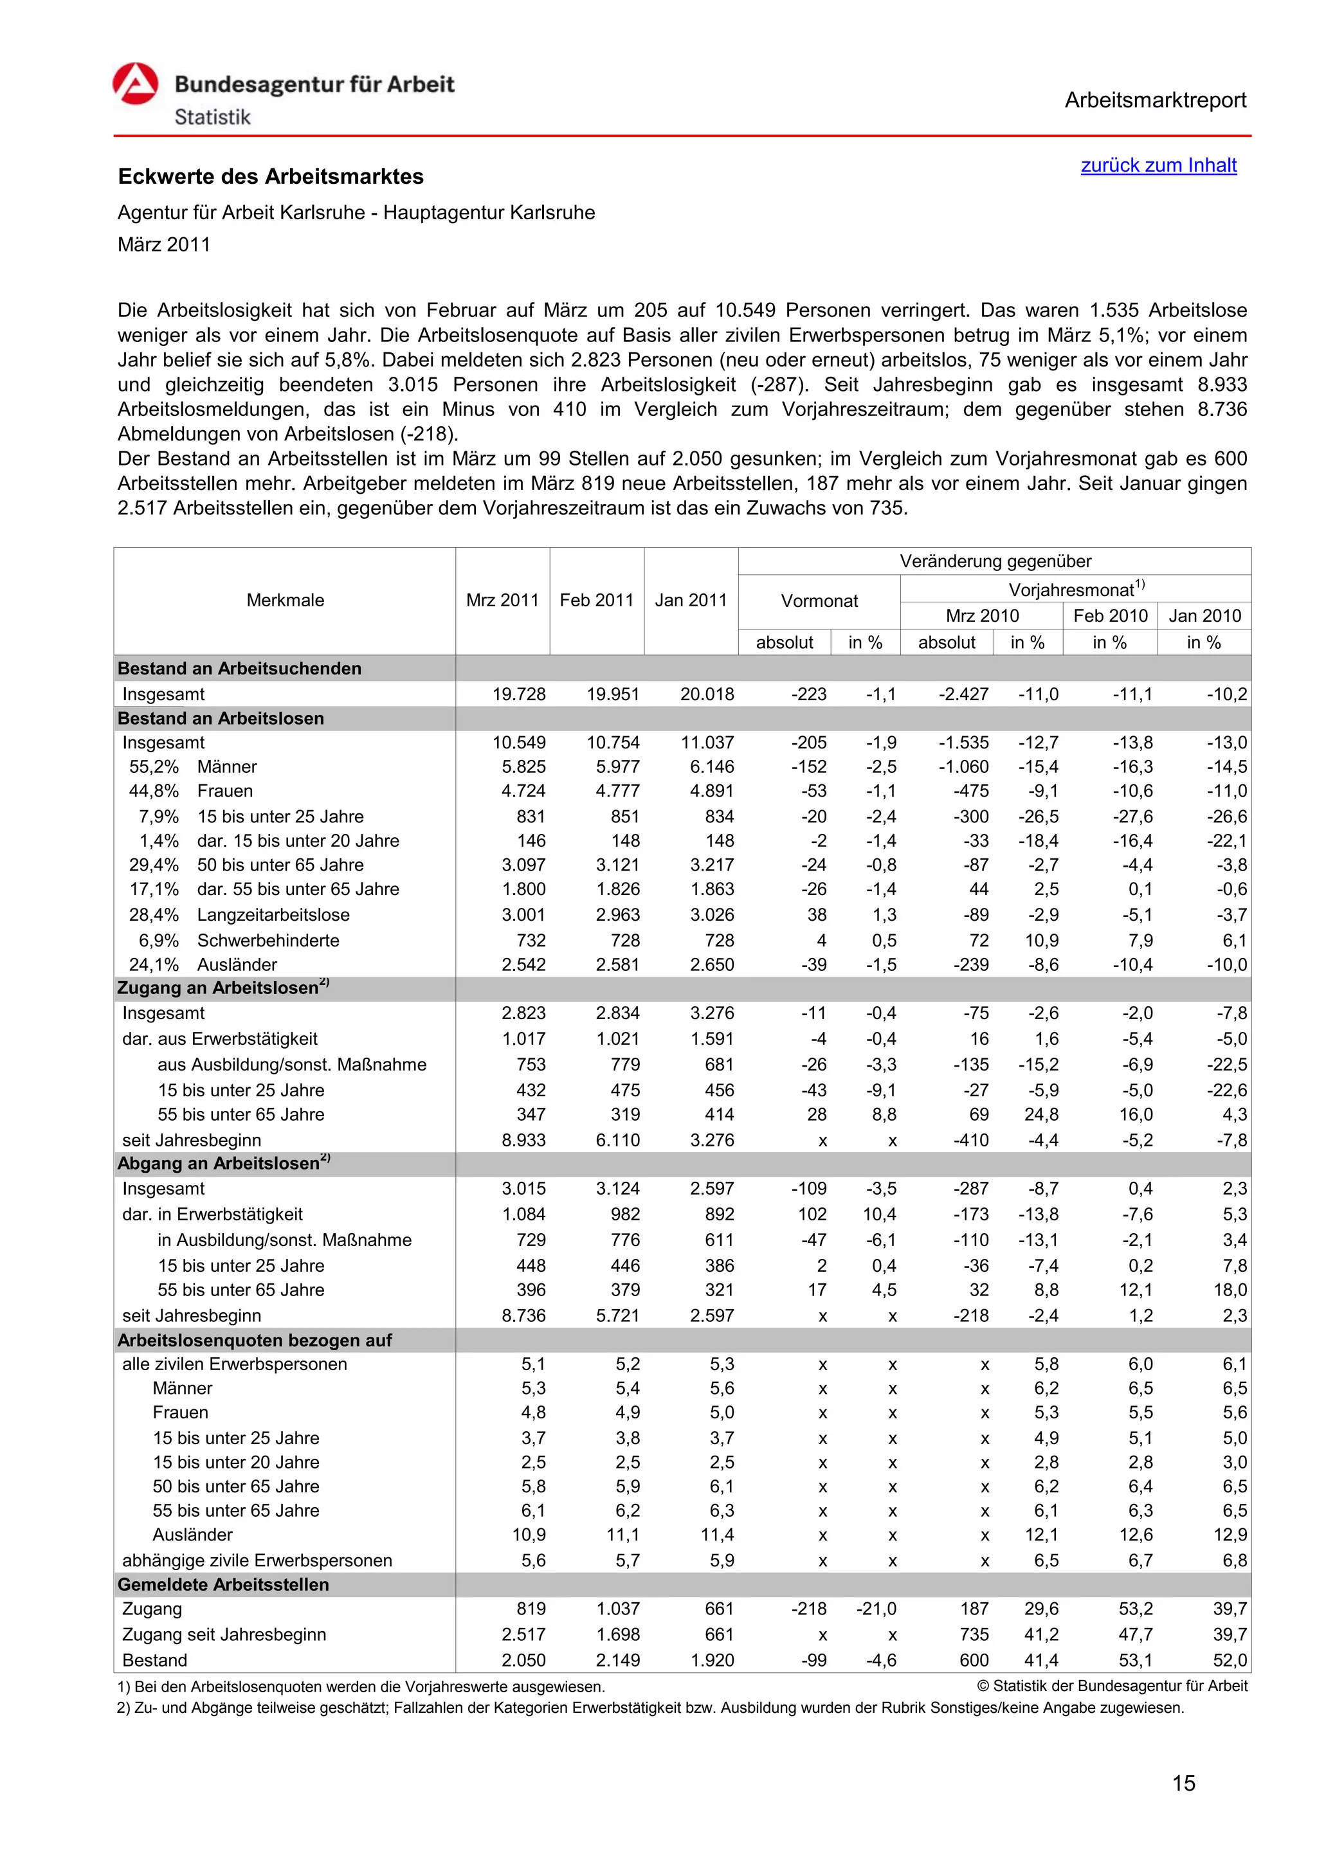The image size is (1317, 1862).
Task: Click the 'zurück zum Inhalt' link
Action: (x=1158, y=165)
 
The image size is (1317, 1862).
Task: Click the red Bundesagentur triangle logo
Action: (x=136, y=85)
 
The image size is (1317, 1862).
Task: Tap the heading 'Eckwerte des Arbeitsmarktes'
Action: (x=271, y=177)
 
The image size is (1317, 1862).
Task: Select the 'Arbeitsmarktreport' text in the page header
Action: (x=1155, y=100)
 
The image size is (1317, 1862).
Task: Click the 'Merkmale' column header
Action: (x=285, y=600)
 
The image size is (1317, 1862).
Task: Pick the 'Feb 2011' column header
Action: (x=596, y=600)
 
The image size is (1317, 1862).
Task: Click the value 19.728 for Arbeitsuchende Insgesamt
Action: (x=519, y=694)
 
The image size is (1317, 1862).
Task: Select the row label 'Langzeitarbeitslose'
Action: (x=273, y=915)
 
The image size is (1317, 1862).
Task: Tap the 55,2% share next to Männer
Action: (x=154, y=767)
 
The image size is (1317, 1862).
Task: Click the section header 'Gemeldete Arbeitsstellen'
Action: (x=223, y=1585)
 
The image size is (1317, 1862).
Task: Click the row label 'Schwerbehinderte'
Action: (x=268, y=941)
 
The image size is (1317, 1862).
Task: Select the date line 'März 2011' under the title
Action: (x=164, y=245)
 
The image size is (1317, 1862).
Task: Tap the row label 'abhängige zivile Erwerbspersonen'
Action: (x=257, y=1560)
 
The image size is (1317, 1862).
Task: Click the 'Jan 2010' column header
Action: (x=1204, y=615)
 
